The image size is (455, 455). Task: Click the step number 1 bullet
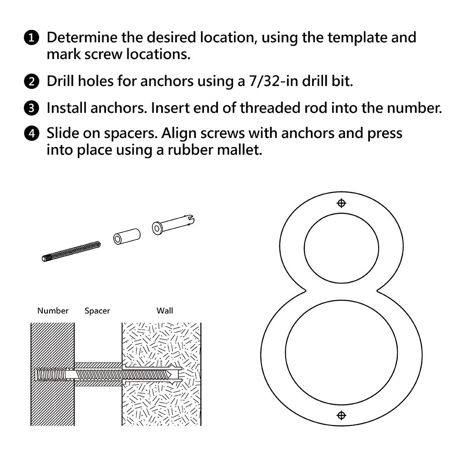31,38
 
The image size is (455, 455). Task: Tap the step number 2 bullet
31,82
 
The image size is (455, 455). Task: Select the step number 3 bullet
31,108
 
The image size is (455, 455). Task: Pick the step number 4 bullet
31,134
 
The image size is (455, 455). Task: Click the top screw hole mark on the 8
341,203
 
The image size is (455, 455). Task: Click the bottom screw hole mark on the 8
341,415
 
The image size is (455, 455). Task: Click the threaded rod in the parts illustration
71,251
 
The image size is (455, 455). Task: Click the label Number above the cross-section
53,311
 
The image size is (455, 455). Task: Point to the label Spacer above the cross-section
97,311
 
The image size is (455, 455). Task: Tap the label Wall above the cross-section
165,311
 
